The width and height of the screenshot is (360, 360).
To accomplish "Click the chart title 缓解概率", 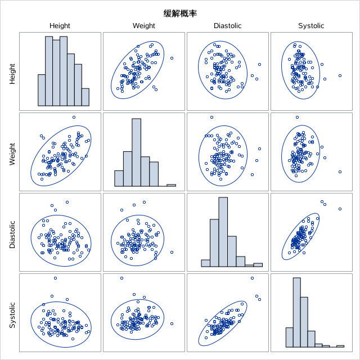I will click(x=180, y=13).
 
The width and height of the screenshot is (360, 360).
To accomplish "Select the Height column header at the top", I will click(x=60, y=26).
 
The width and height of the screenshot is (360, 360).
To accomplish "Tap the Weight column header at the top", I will click(x=143, y=26).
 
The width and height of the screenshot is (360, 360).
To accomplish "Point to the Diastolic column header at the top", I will click(x=227, y=26).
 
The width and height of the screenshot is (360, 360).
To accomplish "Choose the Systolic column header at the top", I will click(x=311, y=26).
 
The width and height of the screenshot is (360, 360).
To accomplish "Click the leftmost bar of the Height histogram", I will click(x=42, y=90).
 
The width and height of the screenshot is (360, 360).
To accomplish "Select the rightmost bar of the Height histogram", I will click(x=85, y=97).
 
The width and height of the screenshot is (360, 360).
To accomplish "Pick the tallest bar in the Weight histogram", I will click(x=137, y=152).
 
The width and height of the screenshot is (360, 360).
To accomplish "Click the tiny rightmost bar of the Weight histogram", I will click(x=171, y=185).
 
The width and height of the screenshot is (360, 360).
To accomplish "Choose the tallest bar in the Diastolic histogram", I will click(x=223, y=232).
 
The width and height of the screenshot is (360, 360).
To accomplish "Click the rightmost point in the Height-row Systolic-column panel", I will click(x=340, y=75).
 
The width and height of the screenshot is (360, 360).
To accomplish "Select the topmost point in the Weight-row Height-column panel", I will click(x=74, y=118).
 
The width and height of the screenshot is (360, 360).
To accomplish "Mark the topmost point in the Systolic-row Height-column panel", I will click(x=55, y=278).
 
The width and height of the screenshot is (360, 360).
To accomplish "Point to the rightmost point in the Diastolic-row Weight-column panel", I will click(x=172, y=252).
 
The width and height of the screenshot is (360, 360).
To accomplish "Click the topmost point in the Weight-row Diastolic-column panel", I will click(x=211, y=118).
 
